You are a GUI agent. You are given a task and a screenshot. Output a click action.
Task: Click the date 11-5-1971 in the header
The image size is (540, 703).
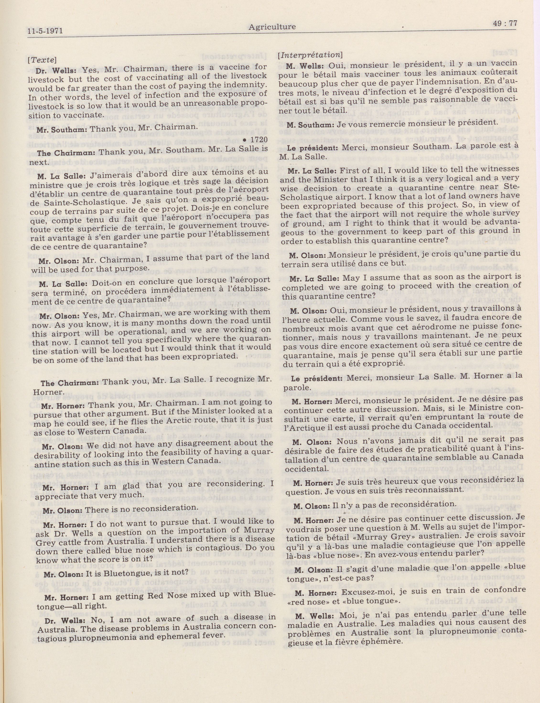click(45, 31)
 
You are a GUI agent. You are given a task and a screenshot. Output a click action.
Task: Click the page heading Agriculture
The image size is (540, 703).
click(272, 27)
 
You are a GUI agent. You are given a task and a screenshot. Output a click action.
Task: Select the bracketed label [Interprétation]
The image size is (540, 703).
click(310, 55)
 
